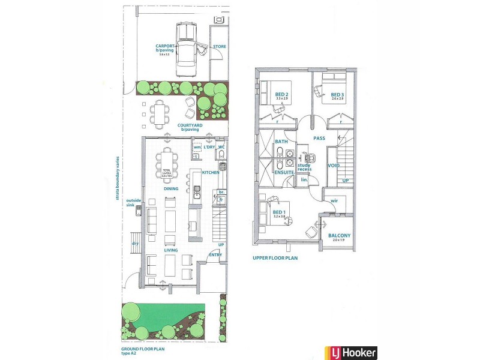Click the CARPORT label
(x=165, y=46)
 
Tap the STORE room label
(x=220, y=46)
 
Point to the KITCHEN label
(x=211, y=173)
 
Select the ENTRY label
(x=215, y=254)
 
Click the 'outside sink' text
(x=133, y=202)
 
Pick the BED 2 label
(x=282, y=94)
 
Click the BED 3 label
(x=337, y=94)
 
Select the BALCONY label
(x=340, y=236)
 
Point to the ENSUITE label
(x=284, y=172)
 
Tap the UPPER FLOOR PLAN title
(x=275, y=259)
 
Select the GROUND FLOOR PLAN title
(x=142, y=349)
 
